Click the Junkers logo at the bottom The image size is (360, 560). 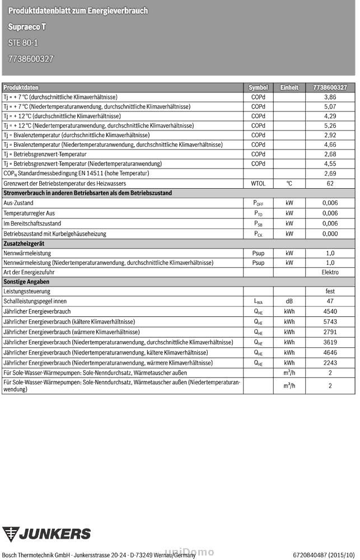pyautogui.click(x=46, y=534)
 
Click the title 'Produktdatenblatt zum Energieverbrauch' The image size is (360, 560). pyautogui.click(x=78, y=11)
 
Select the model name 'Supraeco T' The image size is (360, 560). pyautogui.click(x=27, y=27)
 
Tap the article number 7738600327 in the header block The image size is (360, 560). pyautogui.click(x=31, y=58)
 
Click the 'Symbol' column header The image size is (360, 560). pyautogui.click(x=258, y=87)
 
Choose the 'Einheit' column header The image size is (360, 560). pyautogui.click(x=289, y=87)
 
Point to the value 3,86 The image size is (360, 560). pyautogui.click(x=330, y=97)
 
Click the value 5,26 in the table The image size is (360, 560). pyautogui.click(x=330, y=125)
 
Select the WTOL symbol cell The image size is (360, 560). pyautogui.click(x=258, y=183)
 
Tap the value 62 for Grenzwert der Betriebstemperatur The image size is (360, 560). pyautogui.click(x=330, y=183)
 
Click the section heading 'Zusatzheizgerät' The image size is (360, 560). pyautogui.click(x=24, y=244)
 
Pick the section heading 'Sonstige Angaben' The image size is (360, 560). pyautogui.click(x=26, y=282)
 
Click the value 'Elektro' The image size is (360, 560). pyautogui.click(x=330, y=272)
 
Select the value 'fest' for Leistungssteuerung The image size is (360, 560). pyautogui.click(x=330, y=291)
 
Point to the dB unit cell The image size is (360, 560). pyautogui.click(x=289, y=301)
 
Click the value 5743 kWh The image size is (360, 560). pyautogui.click(x=330, y=321)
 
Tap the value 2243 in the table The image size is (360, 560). pyautogui.click(x=330, y=362)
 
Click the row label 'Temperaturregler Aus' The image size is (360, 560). pyautogui.click(x=29, y=213)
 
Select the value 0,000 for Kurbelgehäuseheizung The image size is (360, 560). pyautogui.click(x=330, y=234)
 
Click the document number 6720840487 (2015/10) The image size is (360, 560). pyautogui.click(x=324, y=554)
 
